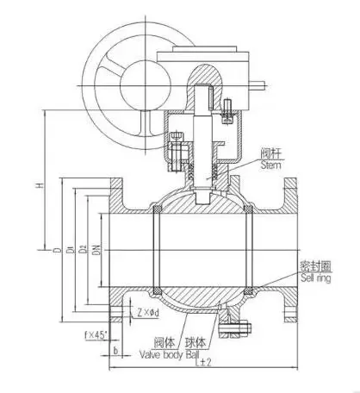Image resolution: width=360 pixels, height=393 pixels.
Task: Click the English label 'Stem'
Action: pos(270,165)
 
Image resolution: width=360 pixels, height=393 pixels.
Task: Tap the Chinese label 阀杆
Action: pos(271,153)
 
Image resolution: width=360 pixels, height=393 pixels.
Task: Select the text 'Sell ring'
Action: pos(316,278)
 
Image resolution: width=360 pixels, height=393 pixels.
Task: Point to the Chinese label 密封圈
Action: pos(316,266)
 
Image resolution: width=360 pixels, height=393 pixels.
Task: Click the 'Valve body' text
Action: pos(161,354)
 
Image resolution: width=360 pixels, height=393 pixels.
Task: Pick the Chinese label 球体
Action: pos(196,342)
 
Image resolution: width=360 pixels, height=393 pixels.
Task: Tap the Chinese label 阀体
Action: pos(164,342)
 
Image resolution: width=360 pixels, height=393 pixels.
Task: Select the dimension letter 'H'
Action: pos(40,185)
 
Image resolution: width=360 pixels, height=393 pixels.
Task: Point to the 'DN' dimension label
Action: pos(96,250)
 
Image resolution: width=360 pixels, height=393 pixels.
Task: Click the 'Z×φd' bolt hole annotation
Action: pos(147,312)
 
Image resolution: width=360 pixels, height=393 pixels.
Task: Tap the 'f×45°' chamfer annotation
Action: pos(96,334)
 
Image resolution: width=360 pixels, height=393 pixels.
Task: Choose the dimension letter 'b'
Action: pos(115,351)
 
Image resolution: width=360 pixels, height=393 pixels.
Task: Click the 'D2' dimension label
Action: pos(83,249)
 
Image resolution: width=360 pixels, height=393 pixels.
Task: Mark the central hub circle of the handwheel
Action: pos(146,85)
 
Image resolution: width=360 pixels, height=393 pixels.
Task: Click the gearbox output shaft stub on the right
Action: pos(257,85)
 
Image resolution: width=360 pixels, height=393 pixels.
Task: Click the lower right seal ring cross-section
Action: pos(248,291)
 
